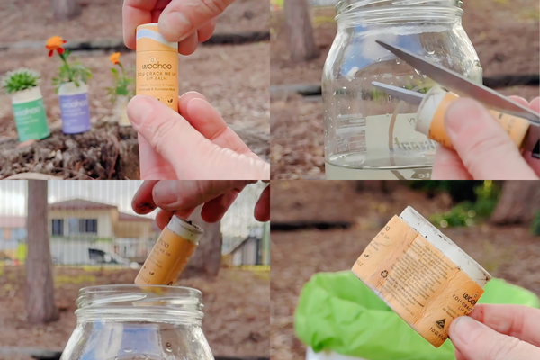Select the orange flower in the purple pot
click(x=56, y=43)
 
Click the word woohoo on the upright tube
click(x=154, y=66)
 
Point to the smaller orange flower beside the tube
click(x=115, y=59)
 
